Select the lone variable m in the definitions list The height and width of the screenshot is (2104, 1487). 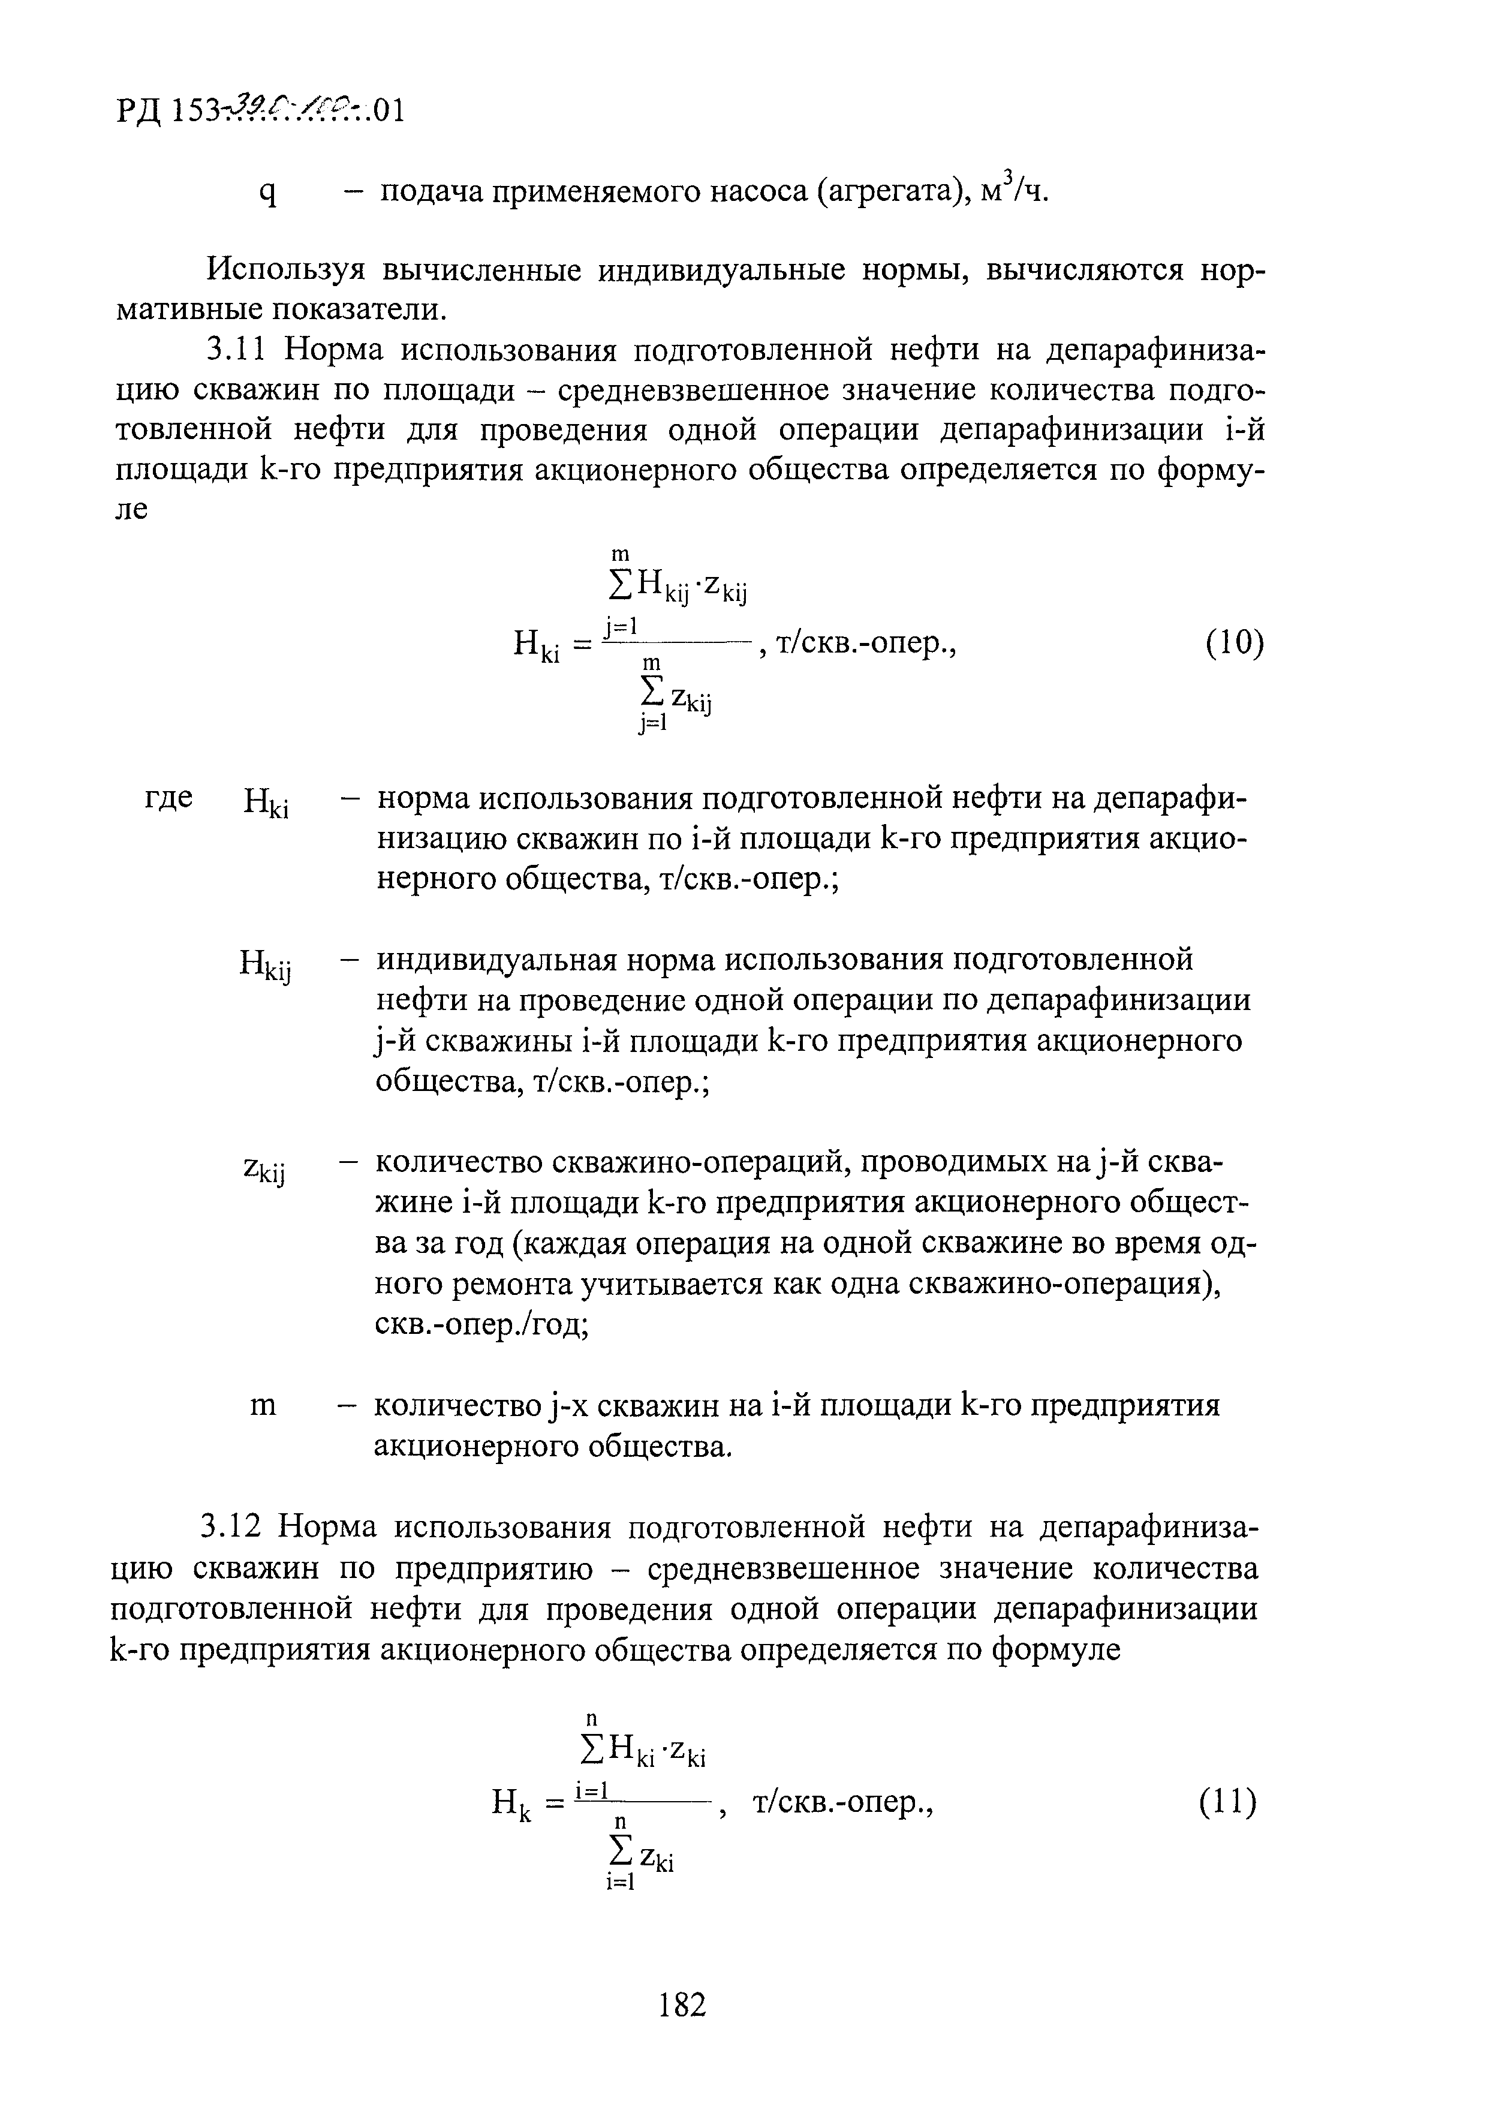[x=263, y=1406]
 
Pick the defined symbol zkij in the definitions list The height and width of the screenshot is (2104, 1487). [x=265, y=1171]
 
